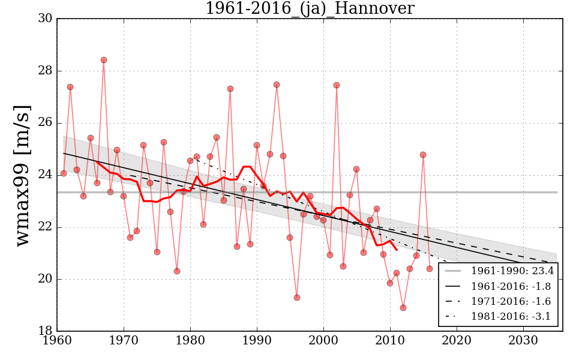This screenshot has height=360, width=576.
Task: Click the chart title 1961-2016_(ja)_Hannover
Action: tap(310, 9)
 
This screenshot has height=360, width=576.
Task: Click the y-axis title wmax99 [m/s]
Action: tap(23, 175)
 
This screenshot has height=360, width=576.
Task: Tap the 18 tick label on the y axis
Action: tap(44, 331)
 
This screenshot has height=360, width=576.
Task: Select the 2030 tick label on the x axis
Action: tap(523, 340)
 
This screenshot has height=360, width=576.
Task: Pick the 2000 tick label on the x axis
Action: tap(323, 340)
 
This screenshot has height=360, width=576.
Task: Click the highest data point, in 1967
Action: tap(104, 60)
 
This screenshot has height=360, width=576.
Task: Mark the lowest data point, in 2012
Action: tap(403, 308)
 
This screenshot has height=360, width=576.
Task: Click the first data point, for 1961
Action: tap(64, 173)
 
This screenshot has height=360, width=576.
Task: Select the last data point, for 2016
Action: tap(430, 269)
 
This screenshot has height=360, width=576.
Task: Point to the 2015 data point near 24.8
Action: tap(423, 155)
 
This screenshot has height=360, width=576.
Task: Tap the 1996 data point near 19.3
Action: tap(296, 298)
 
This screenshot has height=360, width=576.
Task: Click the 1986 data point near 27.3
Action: tap(230, 89)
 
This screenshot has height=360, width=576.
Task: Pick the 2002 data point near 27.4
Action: tap(337, 85)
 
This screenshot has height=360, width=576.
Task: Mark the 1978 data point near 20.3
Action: tap(177, 271)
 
